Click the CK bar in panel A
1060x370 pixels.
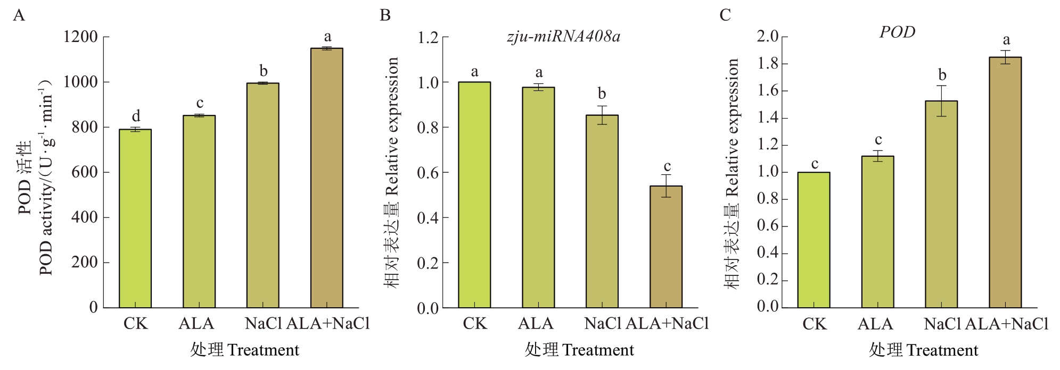[x=135, y=218]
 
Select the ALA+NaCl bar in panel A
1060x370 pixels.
[x=327, y=178]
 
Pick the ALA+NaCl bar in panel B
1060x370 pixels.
[x=666, y=247]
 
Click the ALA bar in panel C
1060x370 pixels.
[x=877, y=232]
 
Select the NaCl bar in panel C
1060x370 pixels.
[x=941, y=204]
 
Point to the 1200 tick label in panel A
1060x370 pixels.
[x=80, y=37]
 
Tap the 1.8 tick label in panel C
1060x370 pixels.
[x=768, y=64]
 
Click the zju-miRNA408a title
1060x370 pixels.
[x=563, y=36]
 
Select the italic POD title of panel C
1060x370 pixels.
[x=897, y=32]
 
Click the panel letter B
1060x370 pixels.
[x=385, y=15]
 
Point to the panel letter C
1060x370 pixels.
[x=725, y=15]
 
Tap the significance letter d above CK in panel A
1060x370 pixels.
[x=136, y=116]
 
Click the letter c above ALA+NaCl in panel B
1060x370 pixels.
[x=667, y=166]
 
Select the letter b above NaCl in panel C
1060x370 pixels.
[x=942, y=75]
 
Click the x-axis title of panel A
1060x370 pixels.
[x=245, y=350]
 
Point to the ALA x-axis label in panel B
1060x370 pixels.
[x=536, y=323]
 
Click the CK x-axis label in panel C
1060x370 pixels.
[x=814, y=324]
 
